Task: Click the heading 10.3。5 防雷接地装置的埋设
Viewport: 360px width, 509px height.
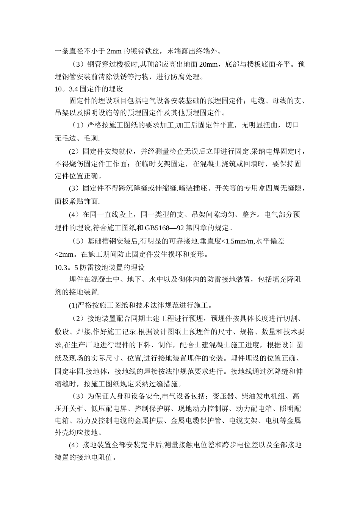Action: point(100,267)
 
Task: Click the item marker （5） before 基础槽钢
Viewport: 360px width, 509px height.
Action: point(78,241)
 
